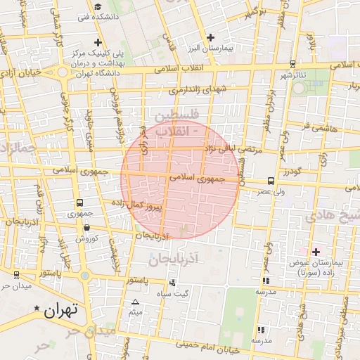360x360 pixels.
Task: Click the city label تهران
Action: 60,310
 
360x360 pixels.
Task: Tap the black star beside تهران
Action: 37,308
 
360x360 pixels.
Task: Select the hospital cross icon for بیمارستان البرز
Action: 210,37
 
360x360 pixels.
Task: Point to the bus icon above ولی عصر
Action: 271,181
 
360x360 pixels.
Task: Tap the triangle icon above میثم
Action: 135,302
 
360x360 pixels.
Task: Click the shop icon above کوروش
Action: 86,227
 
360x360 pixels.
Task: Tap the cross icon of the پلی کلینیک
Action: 97,42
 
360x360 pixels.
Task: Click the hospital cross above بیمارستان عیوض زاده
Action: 315,251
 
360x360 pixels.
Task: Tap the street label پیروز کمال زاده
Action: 139,205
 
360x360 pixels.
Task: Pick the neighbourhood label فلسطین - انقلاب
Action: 172,122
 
